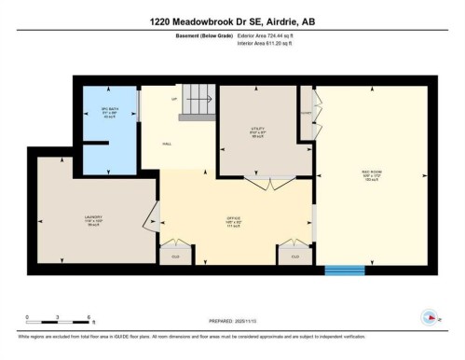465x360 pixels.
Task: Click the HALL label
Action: click(x=168, y=144)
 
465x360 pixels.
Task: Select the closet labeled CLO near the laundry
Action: click(x=174, y=255)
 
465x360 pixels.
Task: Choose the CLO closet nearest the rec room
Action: click(x=295, y=255)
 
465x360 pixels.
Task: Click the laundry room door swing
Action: click(x=149, y=219)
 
